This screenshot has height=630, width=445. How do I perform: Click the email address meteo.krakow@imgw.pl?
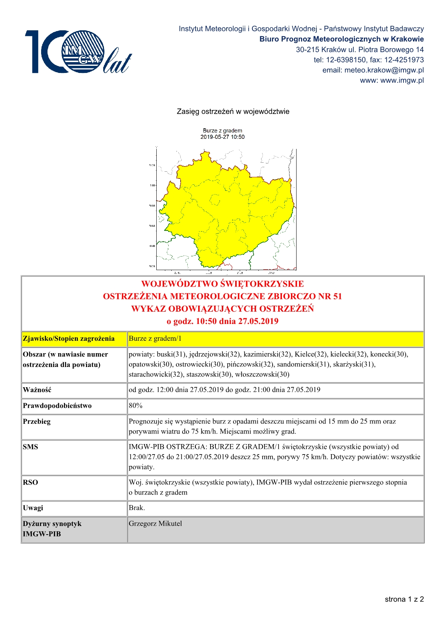(x=384, y=70)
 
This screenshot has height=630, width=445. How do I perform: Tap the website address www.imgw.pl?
(x=402, y=80)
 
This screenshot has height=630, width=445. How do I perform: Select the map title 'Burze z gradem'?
(x=222, y=131)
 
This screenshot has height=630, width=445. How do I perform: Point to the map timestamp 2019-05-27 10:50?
(x=222, y=137)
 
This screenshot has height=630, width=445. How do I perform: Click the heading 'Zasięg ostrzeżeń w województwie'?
(x=233, y=111)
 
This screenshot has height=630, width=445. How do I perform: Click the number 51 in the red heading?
(x=337, y=296)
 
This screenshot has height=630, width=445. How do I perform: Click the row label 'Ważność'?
(x=37, y=390)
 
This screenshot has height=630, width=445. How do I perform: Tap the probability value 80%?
(x=135, y=406)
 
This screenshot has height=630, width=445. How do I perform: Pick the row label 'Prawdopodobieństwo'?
(x=57, y=406)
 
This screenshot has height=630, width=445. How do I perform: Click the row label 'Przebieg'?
(x=37, y=421)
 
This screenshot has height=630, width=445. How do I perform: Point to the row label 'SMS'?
(x=30, y=447)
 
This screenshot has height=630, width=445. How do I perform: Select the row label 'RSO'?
(x=30, y=482)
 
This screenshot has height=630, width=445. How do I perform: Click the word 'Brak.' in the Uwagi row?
(x=137, y=508)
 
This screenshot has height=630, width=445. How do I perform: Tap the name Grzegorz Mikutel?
(x=155, y=523)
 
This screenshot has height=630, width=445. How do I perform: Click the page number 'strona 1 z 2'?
(x=404, y=599)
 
